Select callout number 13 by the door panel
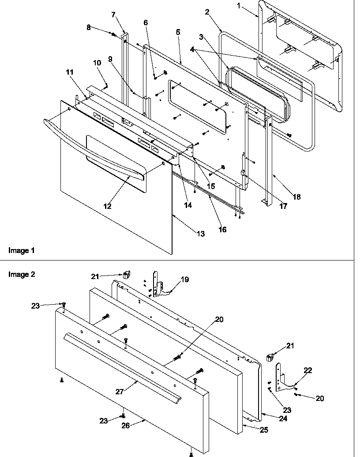tap(201, 234)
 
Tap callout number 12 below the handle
tap(107, 206)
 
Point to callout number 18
tap(296, 197)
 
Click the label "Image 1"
tap(21, 250)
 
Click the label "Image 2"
tap(22, 274)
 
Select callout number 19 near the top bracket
tap(185, 279)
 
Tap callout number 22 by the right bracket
tap(307, 370)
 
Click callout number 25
tap(263, 430)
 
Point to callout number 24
tap(283, 419)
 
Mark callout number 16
tap(223, 230)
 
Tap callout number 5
tap(177, 33)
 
